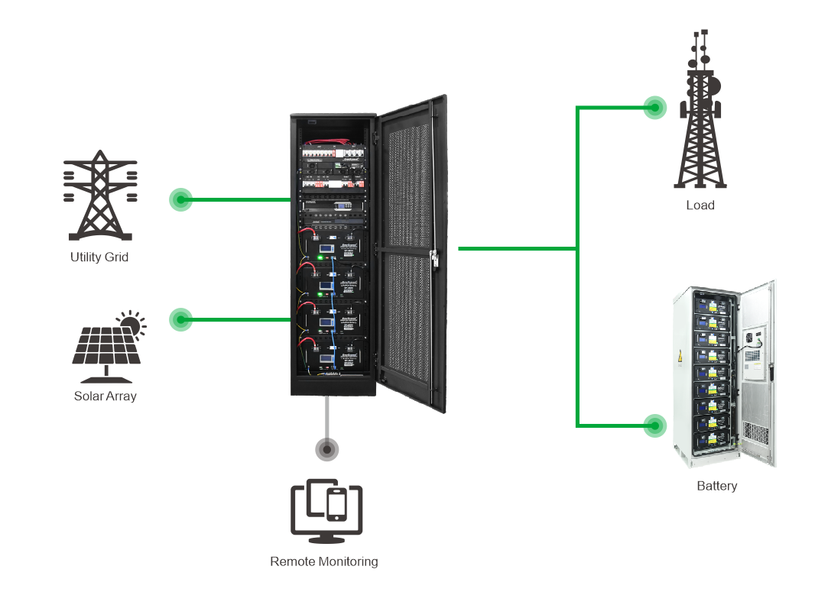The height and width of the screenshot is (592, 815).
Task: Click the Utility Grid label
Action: coord(99,257)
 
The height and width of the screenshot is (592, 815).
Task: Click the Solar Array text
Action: coord(105,396)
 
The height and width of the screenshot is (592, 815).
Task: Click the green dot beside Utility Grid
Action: coord(180,200)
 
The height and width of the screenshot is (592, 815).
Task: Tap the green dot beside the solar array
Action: coord(180,319)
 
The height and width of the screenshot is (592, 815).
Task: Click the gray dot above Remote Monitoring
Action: coord(327,450)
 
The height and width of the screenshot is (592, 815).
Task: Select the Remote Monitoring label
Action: coord(324,561)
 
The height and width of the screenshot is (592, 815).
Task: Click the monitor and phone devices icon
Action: coord(326,506)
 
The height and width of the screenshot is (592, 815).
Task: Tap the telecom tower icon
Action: coord(700,122)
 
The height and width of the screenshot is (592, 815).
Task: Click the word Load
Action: coord(700,205)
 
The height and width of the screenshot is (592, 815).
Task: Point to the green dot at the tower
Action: coord(654,108)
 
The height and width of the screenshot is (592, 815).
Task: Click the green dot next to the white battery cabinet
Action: coord(654,425)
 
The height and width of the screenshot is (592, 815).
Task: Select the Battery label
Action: coord(717,486)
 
